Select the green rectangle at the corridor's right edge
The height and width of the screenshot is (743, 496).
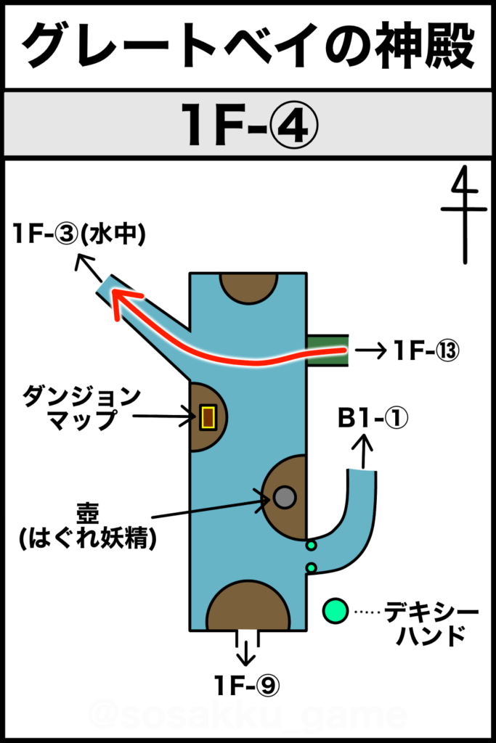(x=328, y=350)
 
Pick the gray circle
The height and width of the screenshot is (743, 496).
(x=285, y=497)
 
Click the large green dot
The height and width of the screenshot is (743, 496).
(x=335, y=611)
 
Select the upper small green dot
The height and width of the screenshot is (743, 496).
(x=311, y=545)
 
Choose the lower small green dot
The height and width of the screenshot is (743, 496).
(x=311, y=567)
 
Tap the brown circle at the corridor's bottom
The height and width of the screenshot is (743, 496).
(x=248, y=608)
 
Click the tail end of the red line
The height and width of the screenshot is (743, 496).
(x=344, y=351)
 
